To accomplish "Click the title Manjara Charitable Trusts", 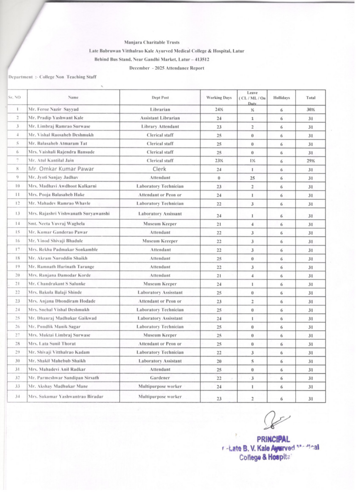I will pyautogui.click(x=152, y=43).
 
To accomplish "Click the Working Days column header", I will pyautogui.click(x=219, y=97).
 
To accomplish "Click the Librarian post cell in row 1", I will pyautogui.click(x=160, y=110).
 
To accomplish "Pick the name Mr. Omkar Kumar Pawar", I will pyautogui.click(x=61, y=169).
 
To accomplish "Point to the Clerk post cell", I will pyautogui.click(x=159, y=169).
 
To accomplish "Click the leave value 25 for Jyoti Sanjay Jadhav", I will pyautogui.click(x=253, y=178).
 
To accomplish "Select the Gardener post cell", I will pyautogui.click(x=160, y=378).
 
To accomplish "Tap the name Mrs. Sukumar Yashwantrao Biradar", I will pyautogui.click(x=66, y=397).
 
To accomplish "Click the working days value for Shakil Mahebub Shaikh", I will pyautogui.click(x=219, y=361).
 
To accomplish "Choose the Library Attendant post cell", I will pyautogui.click(x=160, y=126).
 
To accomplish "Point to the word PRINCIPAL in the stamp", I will pyautogui.click(x=273, y=439).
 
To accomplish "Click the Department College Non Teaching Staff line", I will pyautogui.click(x=53, y=77).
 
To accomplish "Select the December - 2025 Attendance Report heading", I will pyautogui.click(x=166, y=68).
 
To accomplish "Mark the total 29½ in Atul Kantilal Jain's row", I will pyautogui.click(x=311, y=161).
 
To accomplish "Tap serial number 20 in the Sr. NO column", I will pyautogui.click(x=17, y=276).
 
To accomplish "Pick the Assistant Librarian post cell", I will pyautogui.click(x=160, y=118).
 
